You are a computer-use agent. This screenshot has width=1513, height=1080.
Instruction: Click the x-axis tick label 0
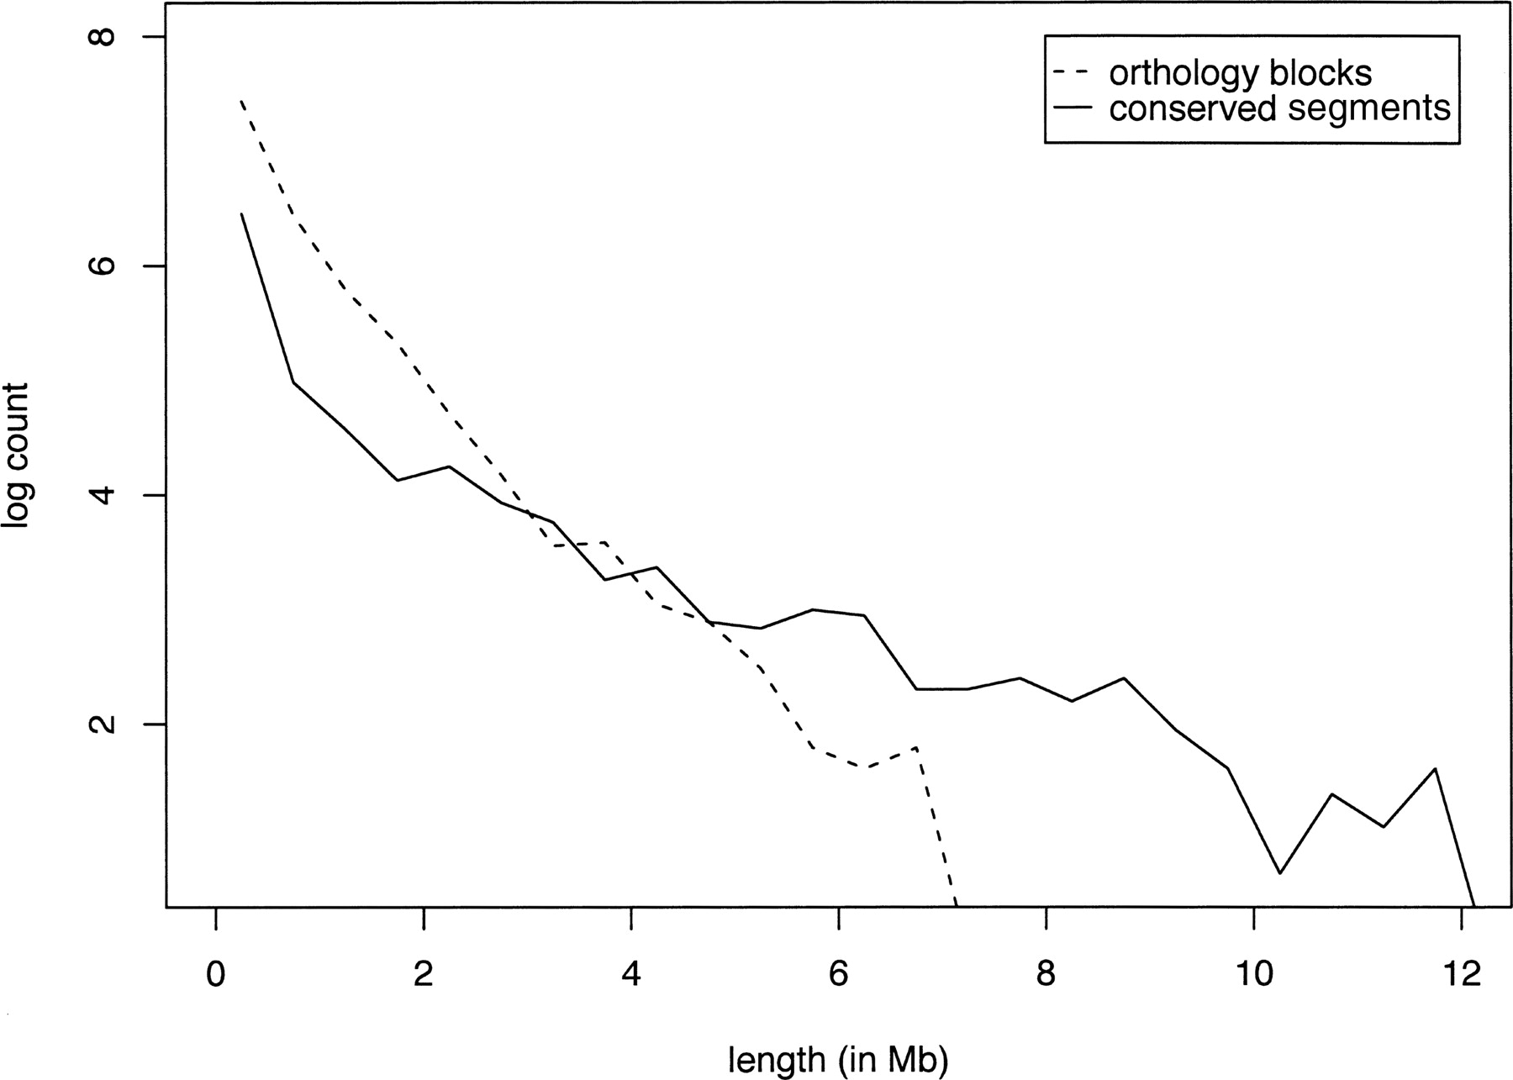click(216, 974)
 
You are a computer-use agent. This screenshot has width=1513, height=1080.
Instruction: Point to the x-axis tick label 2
click(424, 974)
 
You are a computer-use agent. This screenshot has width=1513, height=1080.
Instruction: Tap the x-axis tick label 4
click(631, 974)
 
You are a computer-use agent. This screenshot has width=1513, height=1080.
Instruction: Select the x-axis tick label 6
click(838, 974)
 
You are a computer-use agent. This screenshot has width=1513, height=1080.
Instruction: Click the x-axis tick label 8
click(1046, 974)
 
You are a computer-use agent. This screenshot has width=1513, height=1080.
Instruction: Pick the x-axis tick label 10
click(1253, 974)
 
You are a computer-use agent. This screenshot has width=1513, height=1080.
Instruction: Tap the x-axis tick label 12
click(1461, 974)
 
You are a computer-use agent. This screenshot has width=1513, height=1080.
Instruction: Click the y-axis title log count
click(17, 456)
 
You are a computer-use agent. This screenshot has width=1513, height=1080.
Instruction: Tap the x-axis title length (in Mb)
click(838, 1060)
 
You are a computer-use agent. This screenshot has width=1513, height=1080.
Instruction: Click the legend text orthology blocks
click(1240, 73)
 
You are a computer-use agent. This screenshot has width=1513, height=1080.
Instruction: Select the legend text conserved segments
click(1279, 108)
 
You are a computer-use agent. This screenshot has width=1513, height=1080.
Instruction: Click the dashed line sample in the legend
click(1072, 73)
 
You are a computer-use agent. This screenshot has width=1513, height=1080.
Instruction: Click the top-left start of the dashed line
click(241, 102)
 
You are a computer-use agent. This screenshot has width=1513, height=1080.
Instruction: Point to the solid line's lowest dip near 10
click(1279, 873)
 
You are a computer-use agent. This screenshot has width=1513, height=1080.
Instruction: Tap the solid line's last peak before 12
click(1435, 768)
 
